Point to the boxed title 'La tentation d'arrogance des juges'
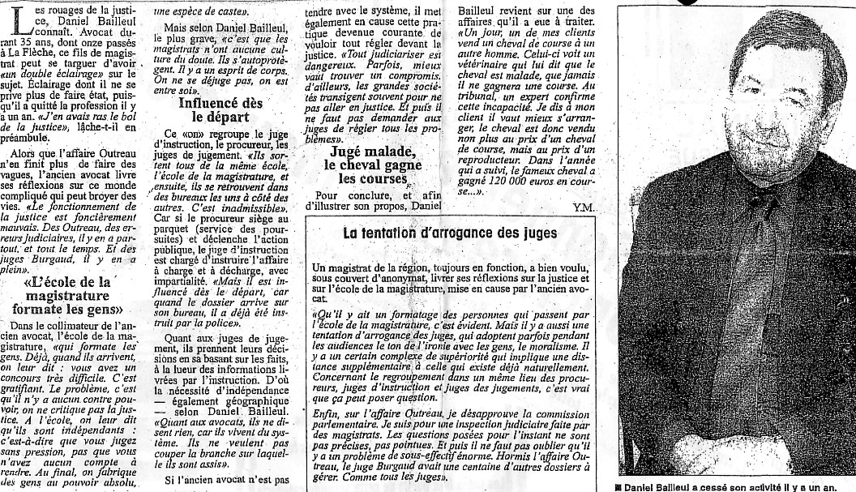click(449, 233)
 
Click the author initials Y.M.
click(584, 207)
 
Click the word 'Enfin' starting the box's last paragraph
click(326, 413)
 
